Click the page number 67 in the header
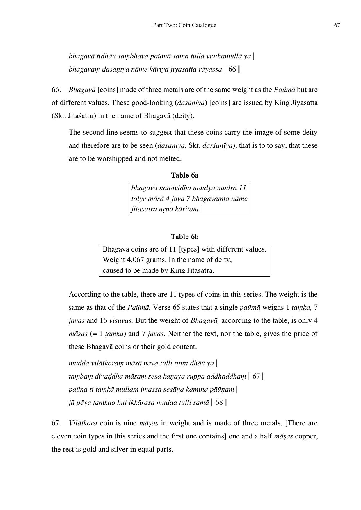pyautogui.click(x=337, y=25)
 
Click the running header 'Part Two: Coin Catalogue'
pyautogui.click(x=184, y=25)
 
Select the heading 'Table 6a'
pyautogui.click(x=184, y=175)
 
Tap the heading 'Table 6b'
pyautogui.click(x=184, y=237)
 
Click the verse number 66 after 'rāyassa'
pyautogui.click(x=232, y=69)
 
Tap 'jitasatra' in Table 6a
pyautogui.click(x=143, y=209)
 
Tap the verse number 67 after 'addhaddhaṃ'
pyautogui.click(x=256, y=377)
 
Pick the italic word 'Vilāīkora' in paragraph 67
pyautogui.click(x=83, y=423)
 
